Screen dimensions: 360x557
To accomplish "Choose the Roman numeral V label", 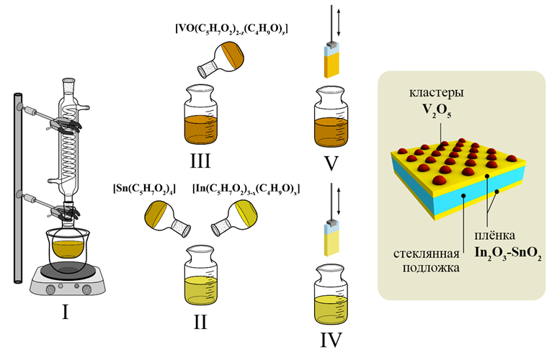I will coord(331,163).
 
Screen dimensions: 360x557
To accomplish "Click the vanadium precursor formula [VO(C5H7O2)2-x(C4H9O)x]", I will coord(231,29).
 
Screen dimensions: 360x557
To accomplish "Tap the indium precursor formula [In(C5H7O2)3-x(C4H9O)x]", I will coord(246,189).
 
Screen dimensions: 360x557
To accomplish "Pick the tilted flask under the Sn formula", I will coord(165,218).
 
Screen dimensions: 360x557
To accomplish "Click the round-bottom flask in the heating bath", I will coord(68,251).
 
